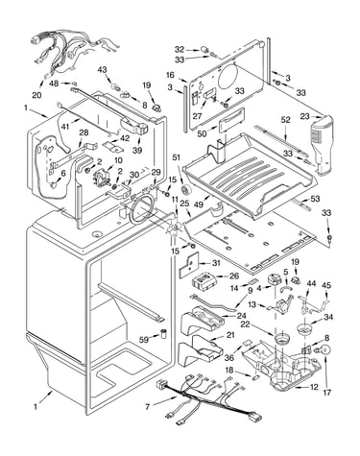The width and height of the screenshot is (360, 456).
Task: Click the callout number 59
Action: tap(144, 340)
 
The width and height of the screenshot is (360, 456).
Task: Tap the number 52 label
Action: tap(285, 120)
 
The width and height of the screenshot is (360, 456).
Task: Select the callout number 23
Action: tap(305, 116)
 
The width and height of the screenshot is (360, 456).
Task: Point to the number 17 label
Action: tap(326, 392)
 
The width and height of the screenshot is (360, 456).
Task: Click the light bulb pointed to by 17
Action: tap(324, 349)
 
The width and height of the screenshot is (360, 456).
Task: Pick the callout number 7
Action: tap(147, 407)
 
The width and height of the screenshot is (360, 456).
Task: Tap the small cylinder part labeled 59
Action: tap(164, 333)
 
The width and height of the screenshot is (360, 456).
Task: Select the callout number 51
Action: tap(177, 157)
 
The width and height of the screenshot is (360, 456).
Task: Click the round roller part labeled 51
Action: tap(185, 189)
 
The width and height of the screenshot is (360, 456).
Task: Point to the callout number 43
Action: tap(102, 69)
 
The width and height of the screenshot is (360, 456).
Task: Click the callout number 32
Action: tap(180, 50)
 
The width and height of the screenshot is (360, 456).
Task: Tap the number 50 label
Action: tap(202, 133)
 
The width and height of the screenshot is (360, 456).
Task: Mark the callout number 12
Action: tap(314, 387)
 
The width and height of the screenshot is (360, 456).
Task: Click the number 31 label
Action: tap(216, 263)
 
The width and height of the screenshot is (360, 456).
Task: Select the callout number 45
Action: tap(326, 285)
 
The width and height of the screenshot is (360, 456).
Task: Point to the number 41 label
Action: tap(65, 127)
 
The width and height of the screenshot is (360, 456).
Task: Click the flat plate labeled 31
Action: tap(189, 264)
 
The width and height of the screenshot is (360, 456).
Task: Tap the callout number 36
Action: tap(229, 357)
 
